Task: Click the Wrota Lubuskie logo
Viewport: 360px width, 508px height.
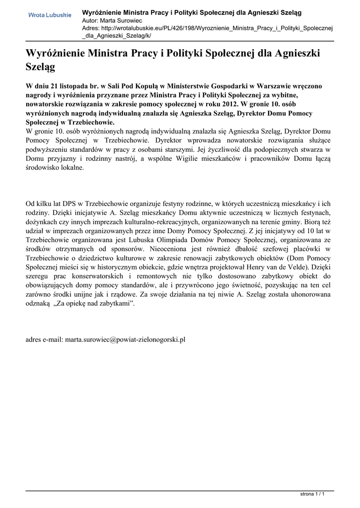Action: click(49, 16)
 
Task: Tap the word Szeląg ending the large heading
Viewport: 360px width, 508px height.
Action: click(40, 65)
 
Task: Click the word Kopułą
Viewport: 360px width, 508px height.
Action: click(144, 86)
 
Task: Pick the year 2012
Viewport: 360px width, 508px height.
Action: click(227, 105)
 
